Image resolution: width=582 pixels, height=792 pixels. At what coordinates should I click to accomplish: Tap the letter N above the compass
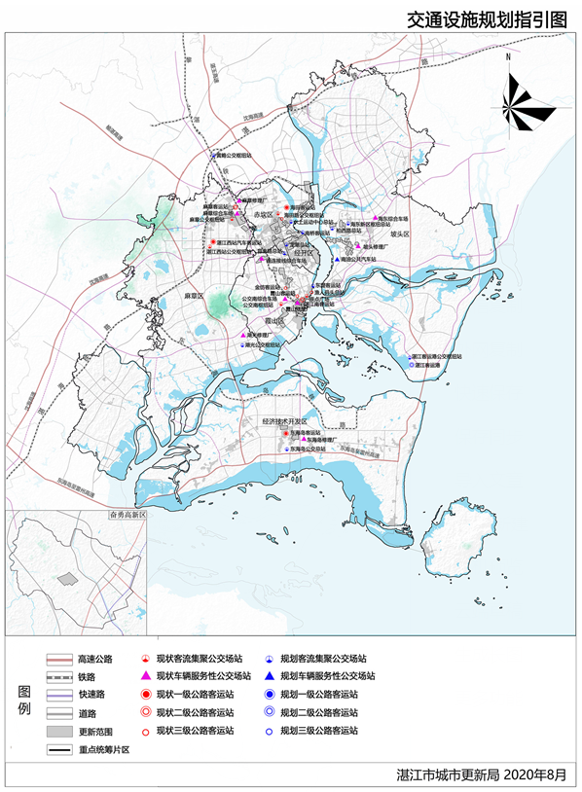click(x=508, y=58)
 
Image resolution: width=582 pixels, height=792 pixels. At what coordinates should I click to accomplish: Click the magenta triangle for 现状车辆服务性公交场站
click(x=144, y=676)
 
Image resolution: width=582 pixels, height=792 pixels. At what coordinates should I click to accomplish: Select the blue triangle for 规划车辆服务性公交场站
click(x=268, y=676)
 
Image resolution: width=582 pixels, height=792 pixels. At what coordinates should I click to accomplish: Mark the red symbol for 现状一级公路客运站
click(x=144, y=695)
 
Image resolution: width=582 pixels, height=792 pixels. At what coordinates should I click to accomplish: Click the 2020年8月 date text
click(x=539, y=775)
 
